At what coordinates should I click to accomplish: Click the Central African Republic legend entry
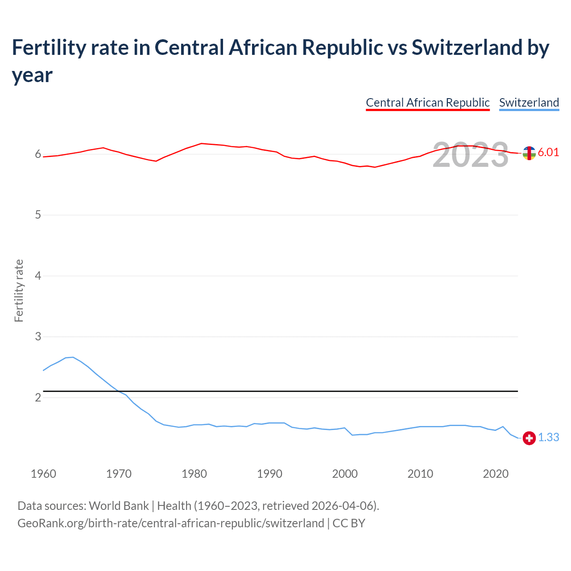(427, 103)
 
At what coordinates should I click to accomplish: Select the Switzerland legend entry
(529, 103)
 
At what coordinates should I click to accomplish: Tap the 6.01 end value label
(548, 152)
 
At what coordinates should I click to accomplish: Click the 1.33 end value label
(548, 437)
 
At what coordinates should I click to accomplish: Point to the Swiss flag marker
(529, 438)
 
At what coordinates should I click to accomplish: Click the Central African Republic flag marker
(529, 153)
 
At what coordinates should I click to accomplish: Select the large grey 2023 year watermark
(470, 155)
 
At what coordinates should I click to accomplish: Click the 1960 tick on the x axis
(43, 473)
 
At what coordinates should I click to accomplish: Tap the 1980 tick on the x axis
(194, 473)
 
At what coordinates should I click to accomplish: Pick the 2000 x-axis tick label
(345, 473)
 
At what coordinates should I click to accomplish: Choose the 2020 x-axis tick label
(496, 473)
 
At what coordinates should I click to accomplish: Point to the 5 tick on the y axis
(38, 215)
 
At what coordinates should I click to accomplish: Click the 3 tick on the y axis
(38, 336)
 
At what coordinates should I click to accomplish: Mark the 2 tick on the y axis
(38, 397)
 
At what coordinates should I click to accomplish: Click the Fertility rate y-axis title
(19, 290)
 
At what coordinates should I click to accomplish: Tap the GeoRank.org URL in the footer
(170, 523)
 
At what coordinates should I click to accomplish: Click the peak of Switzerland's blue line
(73, 357)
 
